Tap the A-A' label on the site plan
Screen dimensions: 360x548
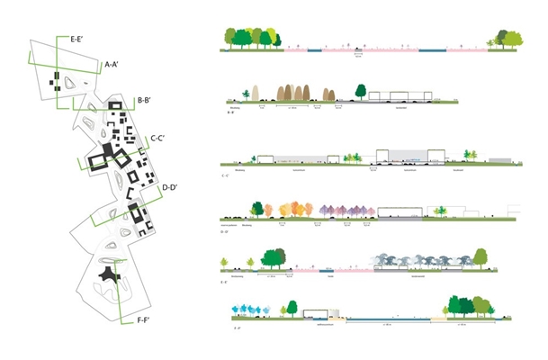pyautogui.click(x=114, y=65)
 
